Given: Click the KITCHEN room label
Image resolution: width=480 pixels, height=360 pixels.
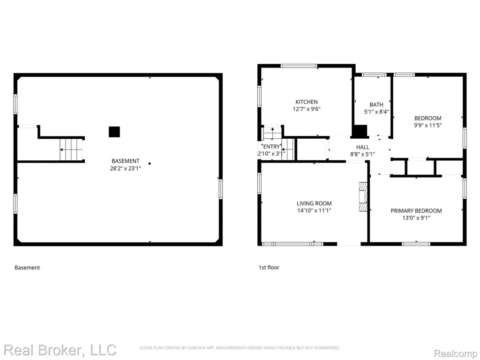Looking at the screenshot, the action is (x=307, y=102).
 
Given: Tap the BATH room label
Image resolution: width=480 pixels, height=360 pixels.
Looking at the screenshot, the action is (x=376, y=105).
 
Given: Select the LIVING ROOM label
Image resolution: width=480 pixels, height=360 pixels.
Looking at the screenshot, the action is (x=314, y=203).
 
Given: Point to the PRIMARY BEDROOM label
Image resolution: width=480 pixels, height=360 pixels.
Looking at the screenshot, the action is (x=416, y=210).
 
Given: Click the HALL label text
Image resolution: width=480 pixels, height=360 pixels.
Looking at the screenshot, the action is (x=362, y=147).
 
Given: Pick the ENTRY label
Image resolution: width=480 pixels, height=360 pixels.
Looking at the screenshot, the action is (x=271, y=147).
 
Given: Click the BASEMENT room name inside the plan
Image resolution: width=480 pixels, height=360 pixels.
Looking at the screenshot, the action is (x=126, y=161).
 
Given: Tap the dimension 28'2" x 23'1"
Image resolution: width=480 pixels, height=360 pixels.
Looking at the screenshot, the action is (x=126, y=168).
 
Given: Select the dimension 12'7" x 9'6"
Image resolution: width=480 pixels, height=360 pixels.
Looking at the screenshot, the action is (x=307, y=109).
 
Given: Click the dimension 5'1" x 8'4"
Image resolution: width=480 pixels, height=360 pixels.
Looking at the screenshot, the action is (x=376, y=112).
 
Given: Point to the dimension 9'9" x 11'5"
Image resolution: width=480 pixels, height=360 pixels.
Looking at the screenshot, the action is (x=427, y=125).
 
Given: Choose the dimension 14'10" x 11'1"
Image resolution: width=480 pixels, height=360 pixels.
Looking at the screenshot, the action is (x=314, y=210).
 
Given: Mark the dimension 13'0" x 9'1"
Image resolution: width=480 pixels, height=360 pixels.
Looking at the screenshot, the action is (x=416, y=218).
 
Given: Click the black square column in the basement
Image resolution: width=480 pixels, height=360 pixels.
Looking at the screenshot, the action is (x=114, y=132).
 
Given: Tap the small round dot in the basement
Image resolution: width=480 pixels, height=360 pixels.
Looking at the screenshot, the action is (x=150, y=164).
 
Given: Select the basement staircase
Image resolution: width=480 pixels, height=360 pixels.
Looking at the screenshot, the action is (x=72, y=149).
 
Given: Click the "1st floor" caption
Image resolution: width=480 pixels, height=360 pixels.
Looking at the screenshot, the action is (x=269, y=267).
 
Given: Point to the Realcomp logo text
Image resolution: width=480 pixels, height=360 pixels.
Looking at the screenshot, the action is (x=456, y=353).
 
